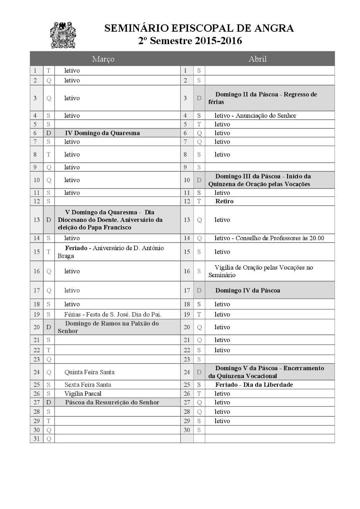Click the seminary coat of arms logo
pyautogui.click(x=63, y=35)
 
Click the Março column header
pyautogui.click(x=103, y=59)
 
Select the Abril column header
pyautogui.click(x=257, y=59)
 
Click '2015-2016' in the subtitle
pyautogui.click(x=218, y=41)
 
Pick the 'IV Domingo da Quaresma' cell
pyautogui.click(x=102, y=133)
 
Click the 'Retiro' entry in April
pyautogui.click(x=224, y=201)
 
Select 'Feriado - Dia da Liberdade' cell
pyautogui.click(x=254, y=385)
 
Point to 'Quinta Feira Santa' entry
pyautogui.click(x=90, y=372)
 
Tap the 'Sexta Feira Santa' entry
pyautogui.click(x=88, y=385)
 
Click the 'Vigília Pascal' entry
pyautogui.click(x=83, y=394)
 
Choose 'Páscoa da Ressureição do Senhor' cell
pyautogui.click(x=112, y=402)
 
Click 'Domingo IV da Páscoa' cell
pyautogui.click(x=247, y=290)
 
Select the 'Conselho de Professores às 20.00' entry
pyautogui.click(x=280, y=238)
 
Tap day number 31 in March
pyautogui.click(x=36, y=439)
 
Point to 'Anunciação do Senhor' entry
pyautogui.click(x=266, y=116)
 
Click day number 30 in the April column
pyautogui.click(x=187, y=430)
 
